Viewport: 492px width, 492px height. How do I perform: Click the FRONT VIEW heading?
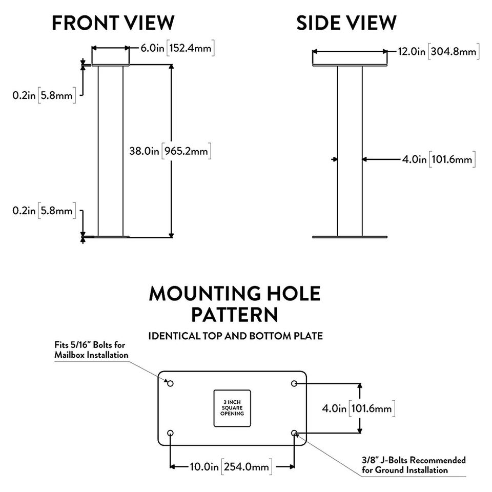[x=113, y=23]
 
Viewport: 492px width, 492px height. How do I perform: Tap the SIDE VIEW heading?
[x=346, y=23]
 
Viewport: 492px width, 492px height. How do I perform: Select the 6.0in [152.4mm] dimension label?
[x=177, y=48]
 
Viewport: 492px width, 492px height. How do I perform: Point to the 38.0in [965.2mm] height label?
[x=170, y=151]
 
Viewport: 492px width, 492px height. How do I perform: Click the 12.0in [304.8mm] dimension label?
[x=439, y=51]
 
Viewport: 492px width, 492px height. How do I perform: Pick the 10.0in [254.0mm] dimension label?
[x=231, y=466]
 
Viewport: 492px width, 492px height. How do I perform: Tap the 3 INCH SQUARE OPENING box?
[x=232, y=408]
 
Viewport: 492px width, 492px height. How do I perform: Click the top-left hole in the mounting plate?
[x=170, y=383]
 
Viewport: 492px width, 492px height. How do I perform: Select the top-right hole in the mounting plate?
[x=294, y=383]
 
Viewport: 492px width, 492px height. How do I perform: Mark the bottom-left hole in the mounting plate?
[x=170, y=433]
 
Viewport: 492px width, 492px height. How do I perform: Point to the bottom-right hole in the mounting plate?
[x=294, y=433]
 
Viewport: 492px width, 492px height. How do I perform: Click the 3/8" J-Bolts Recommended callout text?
[x=414, y=465]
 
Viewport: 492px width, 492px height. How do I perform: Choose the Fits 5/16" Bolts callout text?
[x=91, y=350]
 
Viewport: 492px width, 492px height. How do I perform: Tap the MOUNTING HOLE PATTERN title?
[x=235, y=304]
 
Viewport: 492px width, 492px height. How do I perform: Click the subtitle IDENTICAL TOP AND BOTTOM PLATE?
[x=235, y=336]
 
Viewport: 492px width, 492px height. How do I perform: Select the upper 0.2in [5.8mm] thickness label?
[x=44, y=95]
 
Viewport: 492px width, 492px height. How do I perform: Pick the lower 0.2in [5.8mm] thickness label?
[x=44, y=210]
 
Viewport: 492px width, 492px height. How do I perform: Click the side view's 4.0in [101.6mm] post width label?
[x=439, y=159]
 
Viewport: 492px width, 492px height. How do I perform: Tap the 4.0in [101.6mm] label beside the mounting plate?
[x=358, y=408]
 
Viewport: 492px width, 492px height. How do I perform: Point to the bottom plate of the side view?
[x=350, y=237]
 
